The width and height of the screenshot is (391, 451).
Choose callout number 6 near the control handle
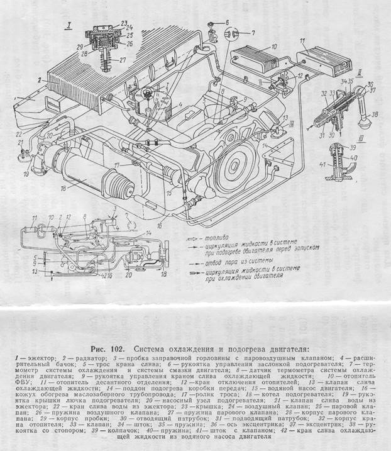[x=227, y=23]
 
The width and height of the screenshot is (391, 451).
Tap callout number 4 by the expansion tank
[x=180, y=105]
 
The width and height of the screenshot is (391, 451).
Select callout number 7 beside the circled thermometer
[x=253, y=31]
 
